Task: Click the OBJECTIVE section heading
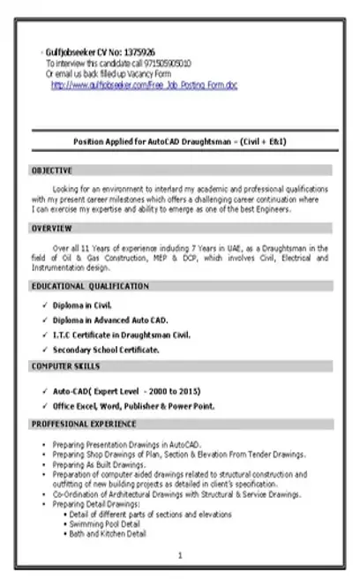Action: click(x=52, y=169)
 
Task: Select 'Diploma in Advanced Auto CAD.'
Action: click(x=110, y=320)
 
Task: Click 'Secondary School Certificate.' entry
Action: click(x=106, y=350)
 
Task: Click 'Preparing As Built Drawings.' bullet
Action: click(x=100, y=463)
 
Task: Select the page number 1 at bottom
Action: click(x=180, y=555)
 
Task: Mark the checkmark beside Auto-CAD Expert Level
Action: click(x=43, y=390)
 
